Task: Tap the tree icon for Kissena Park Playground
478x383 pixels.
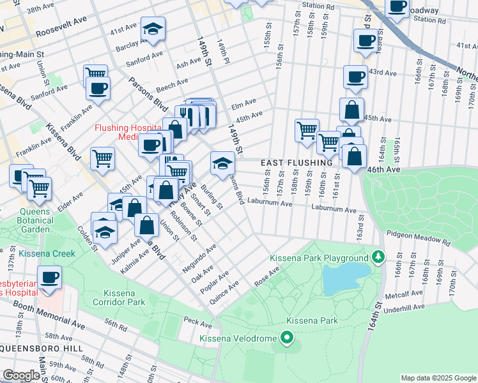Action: tap(378, 257)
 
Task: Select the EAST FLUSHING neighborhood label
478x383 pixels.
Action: tap(297, 163)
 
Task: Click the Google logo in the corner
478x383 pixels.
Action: tap(21, 375)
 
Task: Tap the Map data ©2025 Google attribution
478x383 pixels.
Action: tap(437, 377)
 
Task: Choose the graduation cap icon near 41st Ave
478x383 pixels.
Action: tap(152, 29)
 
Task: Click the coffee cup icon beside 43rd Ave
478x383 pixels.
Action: tap(355, 77)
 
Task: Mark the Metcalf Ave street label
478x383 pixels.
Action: tap(403, 296)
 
